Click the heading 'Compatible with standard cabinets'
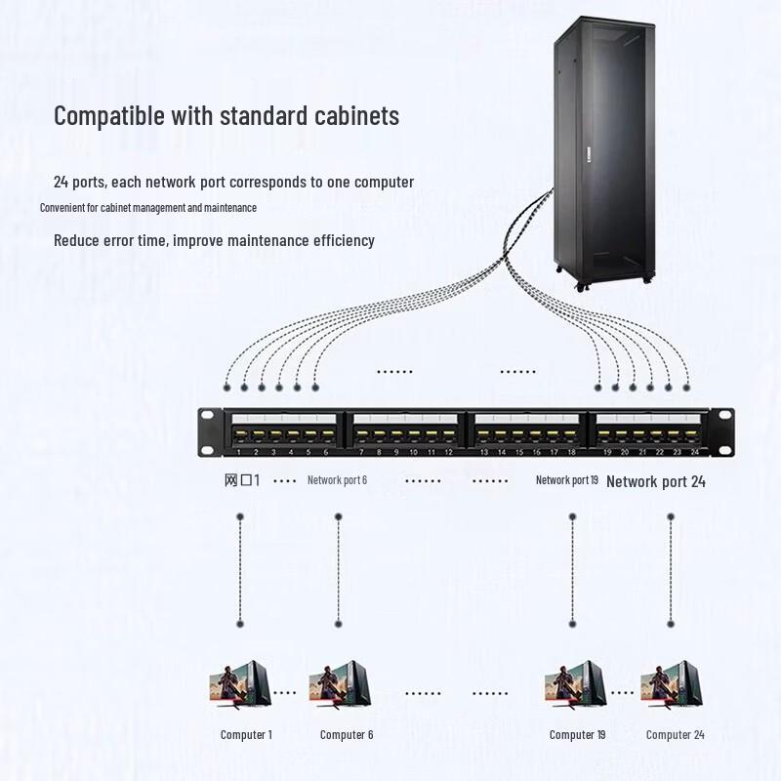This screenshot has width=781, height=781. pyautogui.click(x=226, y=115)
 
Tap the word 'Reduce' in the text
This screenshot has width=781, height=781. pyautogui.click(x=75, y=240)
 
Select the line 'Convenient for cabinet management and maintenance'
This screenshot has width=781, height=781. pyautogui.click(x=148, y=208)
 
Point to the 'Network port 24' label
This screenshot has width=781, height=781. pyautogui.click(x=655, y=481)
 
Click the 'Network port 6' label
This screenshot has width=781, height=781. pyautogui.click(x=337, y=480)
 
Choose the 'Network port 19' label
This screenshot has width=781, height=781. pyautogui.click(x=566, y=480)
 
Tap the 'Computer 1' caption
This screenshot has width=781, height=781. pyautogui.click(x=246, y=735)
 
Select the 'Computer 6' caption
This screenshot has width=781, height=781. pyautogui.click(x=347, y=735)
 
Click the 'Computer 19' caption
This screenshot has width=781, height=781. pyautogui.click(x=577, y=735)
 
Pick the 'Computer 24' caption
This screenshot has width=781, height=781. pyautogui.click(x=675, y=735)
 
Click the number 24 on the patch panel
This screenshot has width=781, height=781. pyautogui.click(x=694, y=453)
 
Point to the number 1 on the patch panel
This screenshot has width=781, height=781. pyautogui.click(x=239, y=453)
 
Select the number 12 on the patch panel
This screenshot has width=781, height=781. pyautogui.click(x=448, y=453)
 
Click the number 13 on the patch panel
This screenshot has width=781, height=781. pyautogui.click(x=483, y=453)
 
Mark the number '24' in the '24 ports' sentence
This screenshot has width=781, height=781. pyautogui.click(x=61, y=183)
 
